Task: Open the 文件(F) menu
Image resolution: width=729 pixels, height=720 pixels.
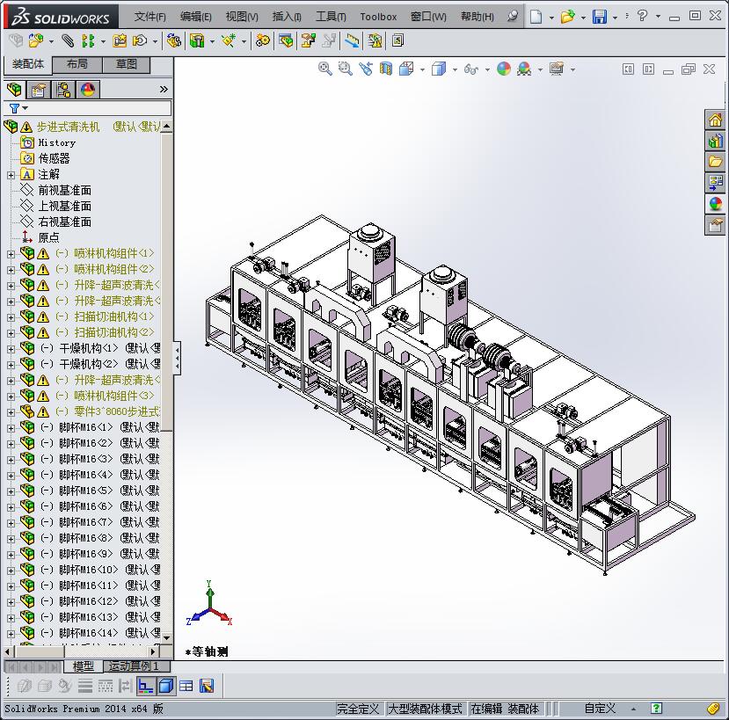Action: pos(150,17)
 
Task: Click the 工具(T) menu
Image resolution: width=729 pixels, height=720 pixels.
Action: pos(331,17)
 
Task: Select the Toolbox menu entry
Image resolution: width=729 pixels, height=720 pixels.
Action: pos(378,17)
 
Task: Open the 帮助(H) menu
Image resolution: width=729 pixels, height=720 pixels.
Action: pos(477,17)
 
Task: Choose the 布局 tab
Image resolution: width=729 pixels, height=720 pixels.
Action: pos(77,64)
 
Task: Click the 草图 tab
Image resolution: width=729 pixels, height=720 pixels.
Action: pos(126,64)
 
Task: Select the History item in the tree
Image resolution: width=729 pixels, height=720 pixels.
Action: pos(56,142)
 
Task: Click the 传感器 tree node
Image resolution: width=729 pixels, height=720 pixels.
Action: pos(54,158)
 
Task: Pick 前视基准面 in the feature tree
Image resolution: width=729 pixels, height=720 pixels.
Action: pos(64,190)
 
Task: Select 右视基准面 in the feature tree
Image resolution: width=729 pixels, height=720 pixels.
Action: pos(64,222)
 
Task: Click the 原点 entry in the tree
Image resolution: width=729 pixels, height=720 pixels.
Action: pos(48,237)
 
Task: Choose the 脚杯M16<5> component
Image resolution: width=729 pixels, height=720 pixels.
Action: pos(86,491)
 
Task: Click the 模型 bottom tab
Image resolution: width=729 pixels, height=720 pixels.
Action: pos(83,666)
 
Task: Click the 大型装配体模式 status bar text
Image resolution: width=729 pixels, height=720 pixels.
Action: pos(425,709)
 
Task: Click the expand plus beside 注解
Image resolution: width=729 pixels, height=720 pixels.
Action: pos(11,175)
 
